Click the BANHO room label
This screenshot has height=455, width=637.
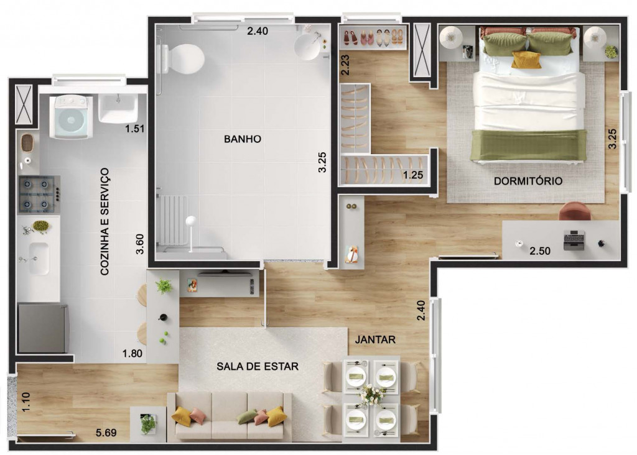point(243,139)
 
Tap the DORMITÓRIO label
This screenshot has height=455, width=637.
point(528,181)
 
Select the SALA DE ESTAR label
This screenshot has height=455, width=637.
point(258,367)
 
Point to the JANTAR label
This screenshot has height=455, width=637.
point(375,339)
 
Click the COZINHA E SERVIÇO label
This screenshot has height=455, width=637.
point(105,222)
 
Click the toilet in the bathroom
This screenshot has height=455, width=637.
point(181,58)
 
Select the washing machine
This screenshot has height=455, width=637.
point(71,117)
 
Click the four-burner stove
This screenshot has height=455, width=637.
point(39,195)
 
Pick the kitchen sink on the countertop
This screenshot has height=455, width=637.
point(39,259)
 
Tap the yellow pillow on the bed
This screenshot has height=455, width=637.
point(526,60)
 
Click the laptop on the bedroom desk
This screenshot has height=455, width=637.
point(574,240)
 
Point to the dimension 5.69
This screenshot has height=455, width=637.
point(106,433)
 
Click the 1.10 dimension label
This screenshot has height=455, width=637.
point(26,402)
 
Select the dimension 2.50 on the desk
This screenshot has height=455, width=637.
point(540,251)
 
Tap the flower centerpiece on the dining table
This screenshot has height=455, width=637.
point(371,394)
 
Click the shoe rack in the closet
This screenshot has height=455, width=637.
point(373,37)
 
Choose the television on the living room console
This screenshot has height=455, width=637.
point(225,273)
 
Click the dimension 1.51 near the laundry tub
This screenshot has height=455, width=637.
point(135,129)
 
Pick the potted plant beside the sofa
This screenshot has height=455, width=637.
point(148,424)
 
